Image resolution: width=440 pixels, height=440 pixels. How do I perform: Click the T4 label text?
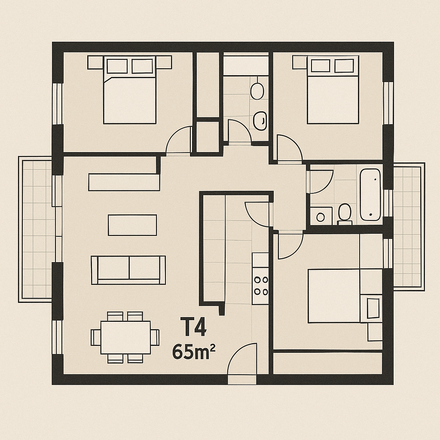(193, 327)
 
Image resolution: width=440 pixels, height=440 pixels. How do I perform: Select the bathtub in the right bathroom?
(370, 195)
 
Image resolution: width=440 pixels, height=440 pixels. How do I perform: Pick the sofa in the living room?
(128, 270)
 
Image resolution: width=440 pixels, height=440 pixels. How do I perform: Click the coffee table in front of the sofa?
(132, 225)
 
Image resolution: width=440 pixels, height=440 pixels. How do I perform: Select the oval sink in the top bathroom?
(260, 121)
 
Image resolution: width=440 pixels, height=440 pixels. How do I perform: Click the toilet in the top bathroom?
(257, 90)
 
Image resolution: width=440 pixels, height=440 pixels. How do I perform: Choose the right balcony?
(409, 226)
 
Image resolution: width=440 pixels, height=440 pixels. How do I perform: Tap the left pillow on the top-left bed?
(117, 66)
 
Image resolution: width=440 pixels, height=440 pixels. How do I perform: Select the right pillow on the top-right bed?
(344, 66)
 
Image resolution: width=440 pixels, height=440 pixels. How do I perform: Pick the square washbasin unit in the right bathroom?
(321, 216)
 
